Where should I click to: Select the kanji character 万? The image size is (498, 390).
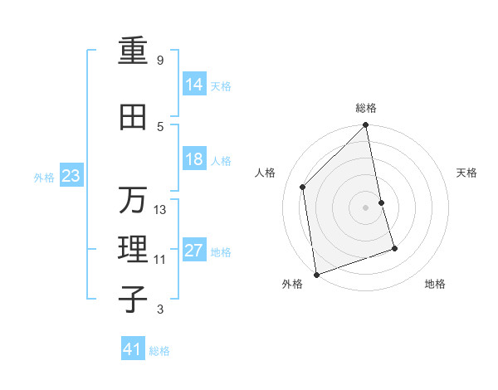pyautogui.click(x=134, y=200)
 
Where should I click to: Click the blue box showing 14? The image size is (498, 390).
pyautogui.click(x=194, y=85)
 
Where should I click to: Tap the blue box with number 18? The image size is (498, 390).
pyautogui.click(x=194, y=159)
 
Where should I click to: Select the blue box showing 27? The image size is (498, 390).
pyautogui.click(x=194, y=251)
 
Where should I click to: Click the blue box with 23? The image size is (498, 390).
pyautogui.click(x=71, y=176)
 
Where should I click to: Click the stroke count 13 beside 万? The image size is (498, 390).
pyautogui.click(x=160, y=210)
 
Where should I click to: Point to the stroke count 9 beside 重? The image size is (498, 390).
pyautogui.click(x=159, y=61)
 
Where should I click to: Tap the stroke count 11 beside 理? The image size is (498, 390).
pyautogui.click(x=159, y=260)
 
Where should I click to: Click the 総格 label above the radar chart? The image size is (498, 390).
pyautogui.click(x=366, y=108)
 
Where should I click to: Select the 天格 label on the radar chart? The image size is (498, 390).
pyautogui.click(x=467, y=173)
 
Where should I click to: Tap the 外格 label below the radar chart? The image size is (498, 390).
pyautogui.click(x=292, y=285)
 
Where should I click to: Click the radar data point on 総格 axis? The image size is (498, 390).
pyautogui.click(x=366, y=125)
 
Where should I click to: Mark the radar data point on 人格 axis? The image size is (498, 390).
pyautogui.click(x=303, y=187)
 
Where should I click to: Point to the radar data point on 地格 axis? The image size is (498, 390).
pyautogui.click(x=394, y=248)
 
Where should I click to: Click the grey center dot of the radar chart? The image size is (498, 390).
pyautogui.click(x=366, y=207)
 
